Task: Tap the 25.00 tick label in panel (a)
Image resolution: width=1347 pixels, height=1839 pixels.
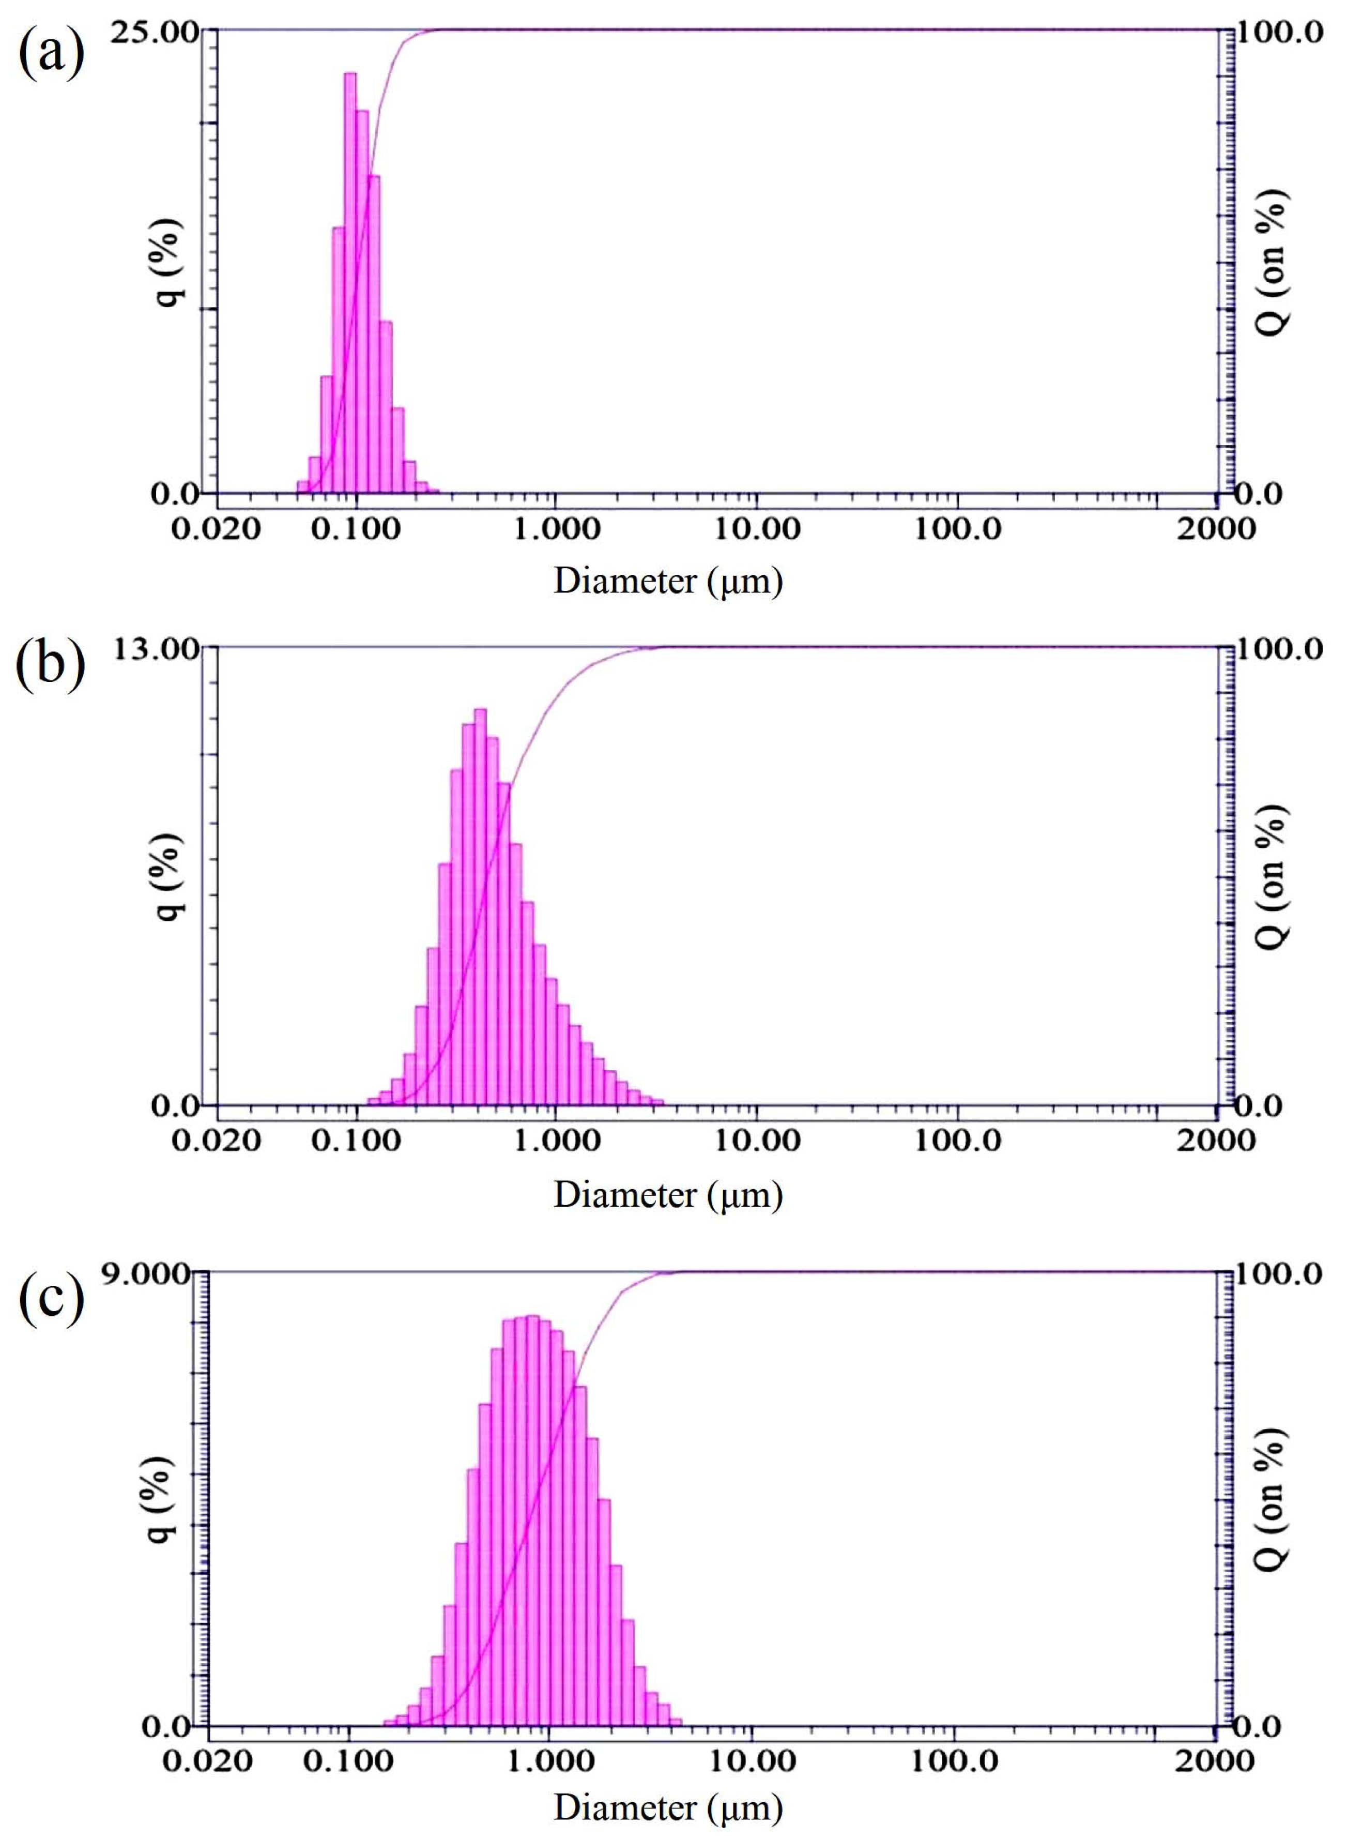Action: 155,34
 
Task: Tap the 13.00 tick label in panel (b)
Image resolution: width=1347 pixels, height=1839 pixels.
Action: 155,649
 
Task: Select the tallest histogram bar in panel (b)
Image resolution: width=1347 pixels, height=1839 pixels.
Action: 480,905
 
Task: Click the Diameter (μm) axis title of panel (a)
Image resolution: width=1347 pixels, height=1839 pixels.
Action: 668,582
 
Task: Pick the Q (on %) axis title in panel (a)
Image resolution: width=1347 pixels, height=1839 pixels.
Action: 1273,263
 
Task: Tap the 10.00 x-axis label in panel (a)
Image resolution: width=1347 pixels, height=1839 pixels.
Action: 757,529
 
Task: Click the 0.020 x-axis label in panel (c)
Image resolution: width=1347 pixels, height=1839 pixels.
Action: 207,1761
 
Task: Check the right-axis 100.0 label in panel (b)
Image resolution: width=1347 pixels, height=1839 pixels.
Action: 1278,649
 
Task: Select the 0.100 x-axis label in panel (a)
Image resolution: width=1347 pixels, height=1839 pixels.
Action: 356,529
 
